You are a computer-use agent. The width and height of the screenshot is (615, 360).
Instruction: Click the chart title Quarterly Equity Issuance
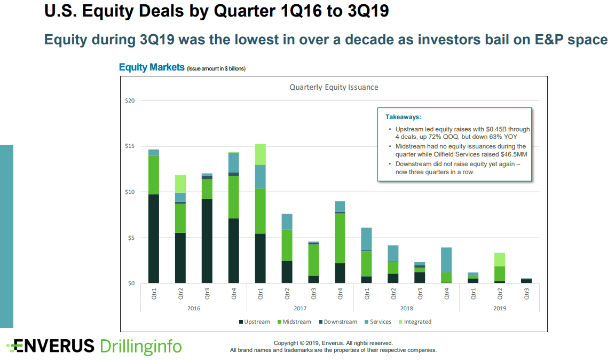point(334,87)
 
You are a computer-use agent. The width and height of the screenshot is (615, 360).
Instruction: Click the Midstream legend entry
point(294,322)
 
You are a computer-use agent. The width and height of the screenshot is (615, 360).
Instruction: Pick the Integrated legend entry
point(417,322)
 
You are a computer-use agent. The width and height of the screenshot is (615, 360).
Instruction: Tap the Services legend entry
point(380,322)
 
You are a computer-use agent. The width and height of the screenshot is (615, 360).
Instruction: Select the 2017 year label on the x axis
point(299,308)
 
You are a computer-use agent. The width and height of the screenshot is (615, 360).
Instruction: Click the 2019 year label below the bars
point(499,308)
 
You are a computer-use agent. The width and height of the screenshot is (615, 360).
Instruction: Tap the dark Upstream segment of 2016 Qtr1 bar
point(154,238)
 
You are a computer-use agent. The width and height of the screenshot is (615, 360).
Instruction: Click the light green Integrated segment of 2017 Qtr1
point(260,154)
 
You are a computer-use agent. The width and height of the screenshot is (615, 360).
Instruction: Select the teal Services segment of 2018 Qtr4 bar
point(446,260)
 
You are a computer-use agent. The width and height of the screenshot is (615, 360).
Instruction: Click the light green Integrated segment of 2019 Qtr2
point(499,259)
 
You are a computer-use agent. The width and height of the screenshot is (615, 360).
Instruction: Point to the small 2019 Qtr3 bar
point(526,280)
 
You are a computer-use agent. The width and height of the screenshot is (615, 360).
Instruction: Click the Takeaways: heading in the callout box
point(403,116)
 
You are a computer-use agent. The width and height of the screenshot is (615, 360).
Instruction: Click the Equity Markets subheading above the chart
point(152,67)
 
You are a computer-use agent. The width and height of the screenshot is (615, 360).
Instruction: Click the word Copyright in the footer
point(287,343)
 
